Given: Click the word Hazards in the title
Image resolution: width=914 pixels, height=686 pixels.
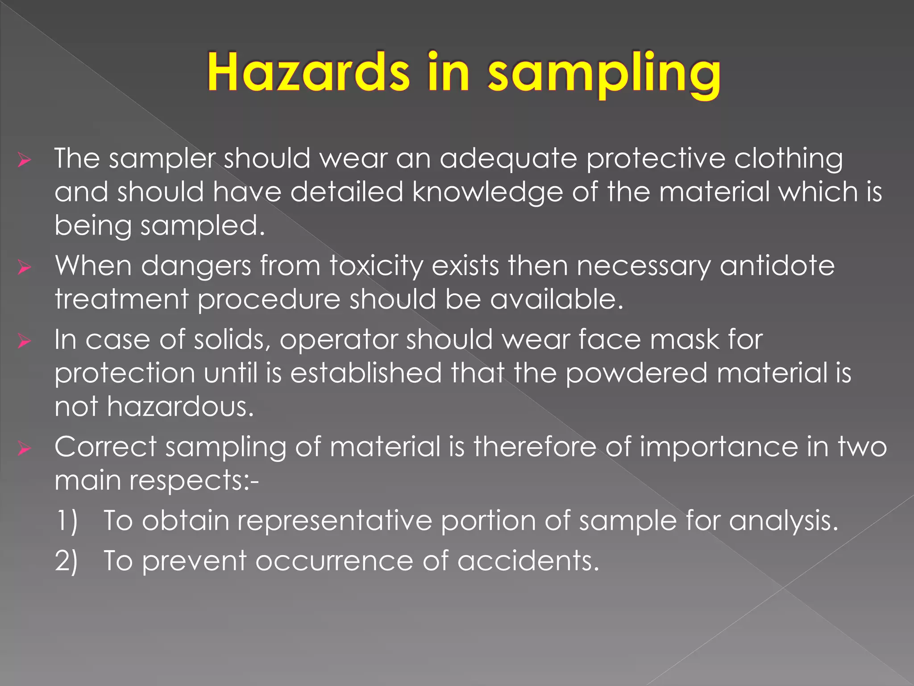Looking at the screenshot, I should [x=308, y=72].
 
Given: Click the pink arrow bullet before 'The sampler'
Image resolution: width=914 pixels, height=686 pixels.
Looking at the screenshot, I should [x=24, y=159].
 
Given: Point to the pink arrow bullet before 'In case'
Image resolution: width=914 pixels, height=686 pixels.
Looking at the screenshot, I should [x=24, y=341].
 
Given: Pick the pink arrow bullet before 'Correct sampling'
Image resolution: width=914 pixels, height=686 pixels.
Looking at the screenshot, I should [x=24, y=448].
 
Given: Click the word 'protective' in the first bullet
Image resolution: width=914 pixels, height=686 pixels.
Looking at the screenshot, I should [x=656, y=159].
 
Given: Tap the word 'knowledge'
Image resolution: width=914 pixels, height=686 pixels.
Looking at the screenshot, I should [x=487, y=192].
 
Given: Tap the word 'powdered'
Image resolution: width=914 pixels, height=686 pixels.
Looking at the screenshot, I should [x=636, y=373].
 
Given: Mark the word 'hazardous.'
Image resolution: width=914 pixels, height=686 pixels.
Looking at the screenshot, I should [x=180, y=407].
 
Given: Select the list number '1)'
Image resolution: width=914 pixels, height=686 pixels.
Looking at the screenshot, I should [x=66, y=521].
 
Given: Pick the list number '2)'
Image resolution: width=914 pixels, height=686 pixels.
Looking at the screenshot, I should [x=66, y=561].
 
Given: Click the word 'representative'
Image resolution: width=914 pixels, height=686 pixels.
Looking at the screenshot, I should [x=334, y=521].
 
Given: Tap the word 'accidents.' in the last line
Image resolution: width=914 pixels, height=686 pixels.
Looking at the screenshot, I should [x=528, y=561].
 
